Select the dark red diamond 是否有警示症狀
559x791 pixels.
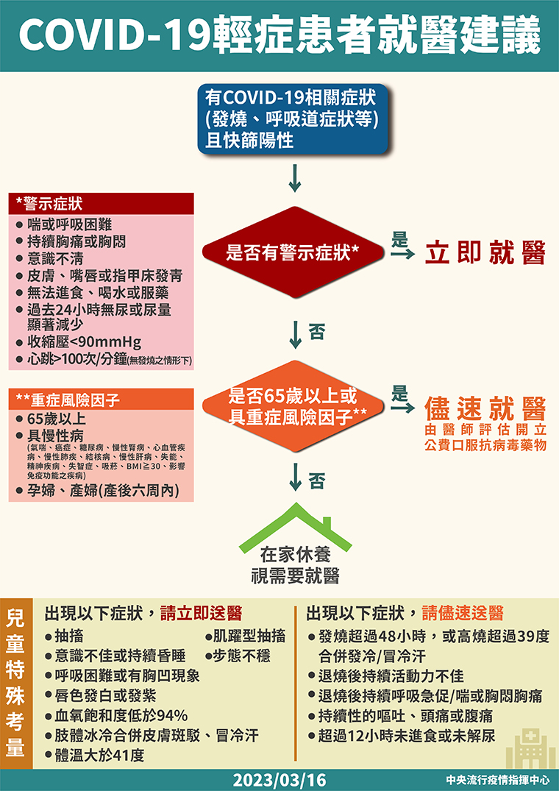coord(292,252)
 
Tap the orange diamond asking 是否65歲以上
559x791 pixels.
coord(292,406)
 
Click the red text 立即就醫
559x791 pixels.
coord(485,252)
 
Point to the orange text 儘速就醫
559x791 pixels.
coord(485,409)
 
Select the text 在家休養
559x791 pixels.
coord(296,556)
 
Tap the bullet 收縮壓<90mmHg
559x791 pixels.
coord(79,342)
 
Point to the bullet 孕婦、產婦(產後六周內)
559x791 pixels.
coord(98,490)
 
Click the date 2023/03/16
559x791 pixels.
coord(279,780)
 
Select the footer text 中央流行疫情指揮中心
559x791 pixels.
coord(497,780)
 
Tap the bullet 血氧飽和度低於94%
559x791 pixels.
coord(116,715)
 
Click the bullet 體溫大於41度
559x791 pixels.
coord(95,756)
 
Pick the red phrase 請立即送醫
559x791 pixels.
coord(201,614)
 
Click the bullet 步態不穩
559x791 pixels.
coord(238,656)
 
